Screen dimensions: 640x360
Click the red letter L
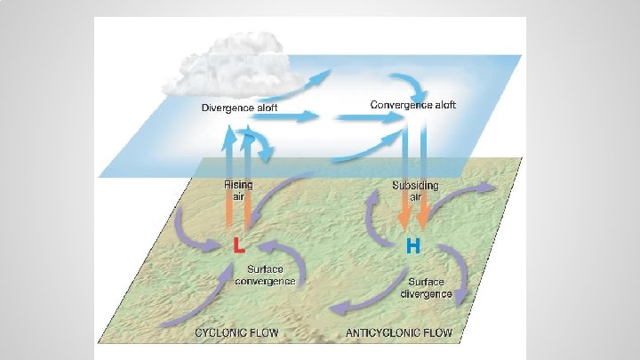click(x=238, y=245)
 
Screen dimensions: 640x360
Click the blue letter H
click(x=413, y=245)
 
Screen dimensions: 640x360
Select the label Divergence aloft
click(x=239, y=108)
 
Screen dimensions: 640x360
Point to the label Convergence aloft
click(x=413, y=105)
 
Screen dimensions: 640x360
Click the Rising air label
click(x=238, y=190)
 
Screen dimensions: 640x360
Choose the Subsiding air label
click(x=415, y=190)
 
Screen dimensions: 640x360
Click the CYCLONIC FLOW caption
click(x=236, y=333)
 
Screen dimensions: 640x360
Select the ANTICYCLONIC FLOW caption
click(x=397, y=333)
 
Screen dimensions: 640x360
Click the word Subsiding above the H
click(x=415, y=185)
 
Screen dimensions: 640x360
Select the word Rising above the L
click(x=238, y=185)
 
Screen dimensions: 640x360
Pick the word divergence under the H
click(x=427, y=294)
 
